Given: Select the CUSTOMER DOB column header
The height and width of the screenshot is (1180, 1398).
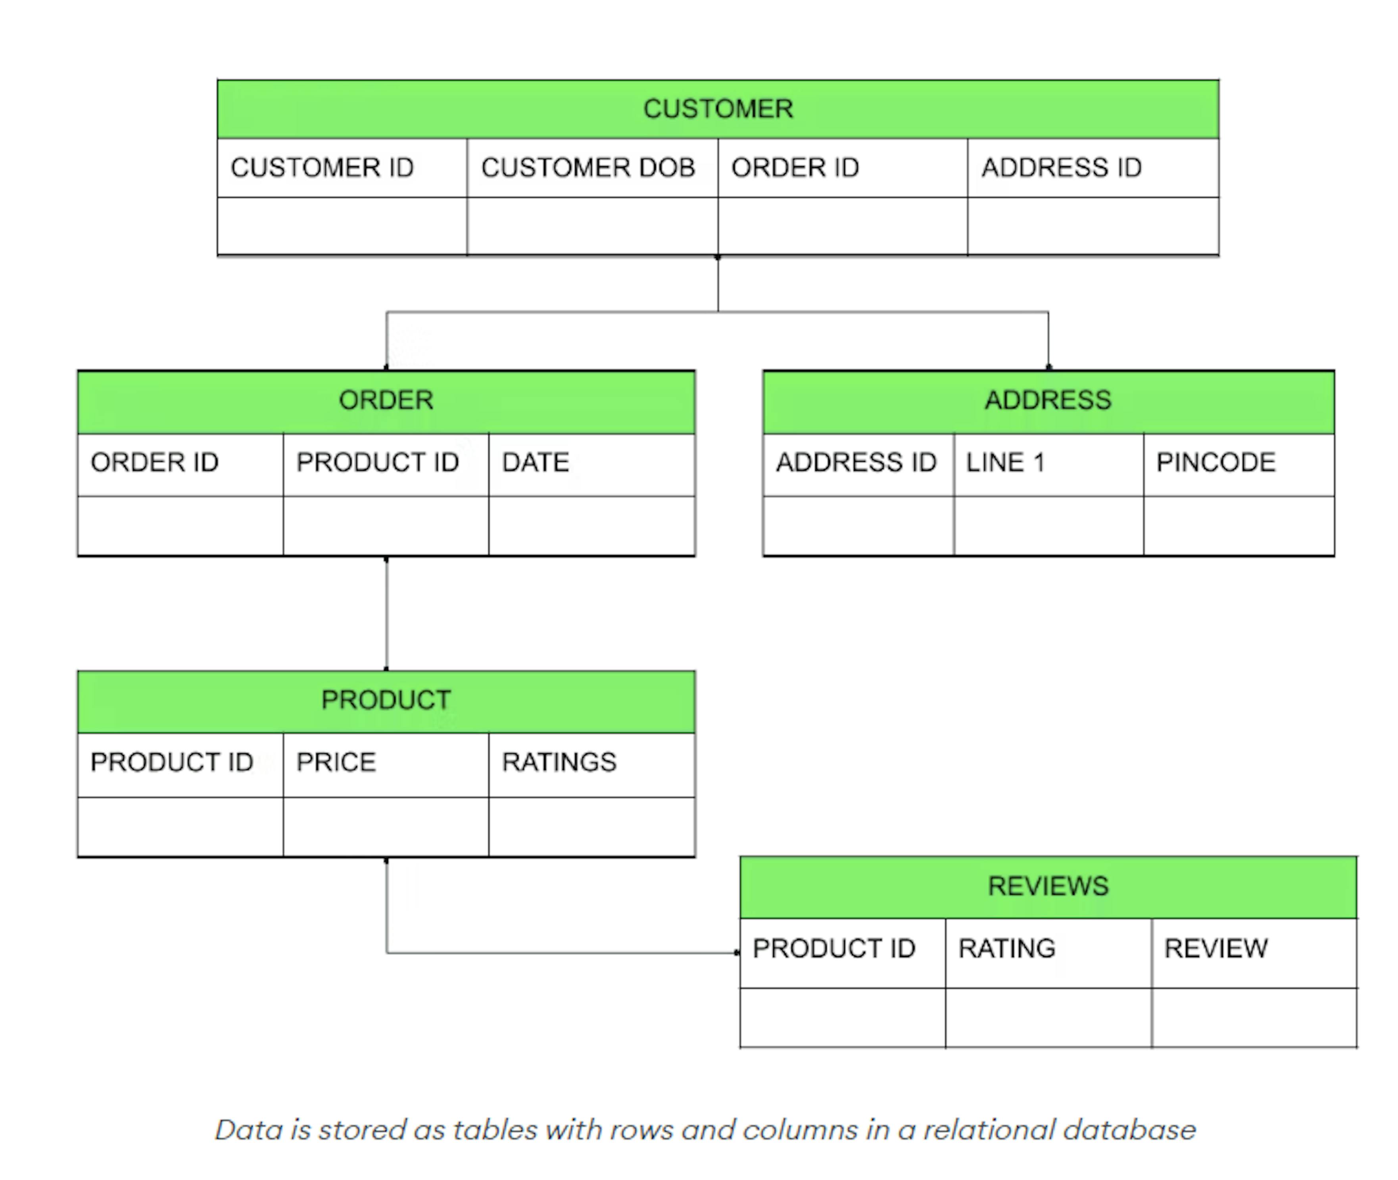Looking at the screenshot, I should pyautogui.click(x=588, y=167).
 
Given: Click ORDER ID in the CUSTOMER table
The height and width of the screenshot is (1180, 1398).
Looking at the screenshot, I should pyautogui.click(x=795, y=167).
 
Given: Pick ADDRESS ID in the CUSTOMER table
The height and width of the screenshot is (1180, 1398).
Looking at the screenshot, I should pyautogui.click(x=1061, y=167).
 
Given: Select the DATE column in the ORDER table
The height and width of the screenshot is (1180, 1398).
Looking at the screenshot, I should pyautogui.click(x=535, y=462).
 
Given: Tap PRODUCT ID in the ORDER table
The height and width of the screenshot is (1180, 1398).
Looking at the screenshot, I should pyautogui.click(x=377, y=462).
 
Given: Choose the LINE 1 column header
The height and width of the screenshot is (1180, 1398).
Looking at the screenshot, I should pyautogui.click(x=1005, y=462).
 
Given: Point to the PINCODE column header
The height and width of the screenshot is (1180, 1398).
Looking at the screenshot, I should pyautogui.click(x=1216, y=462).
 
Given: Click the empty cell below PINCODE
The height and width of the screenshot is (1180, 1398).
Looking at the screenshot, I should pyautogui.click(x=1238, y=526).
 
